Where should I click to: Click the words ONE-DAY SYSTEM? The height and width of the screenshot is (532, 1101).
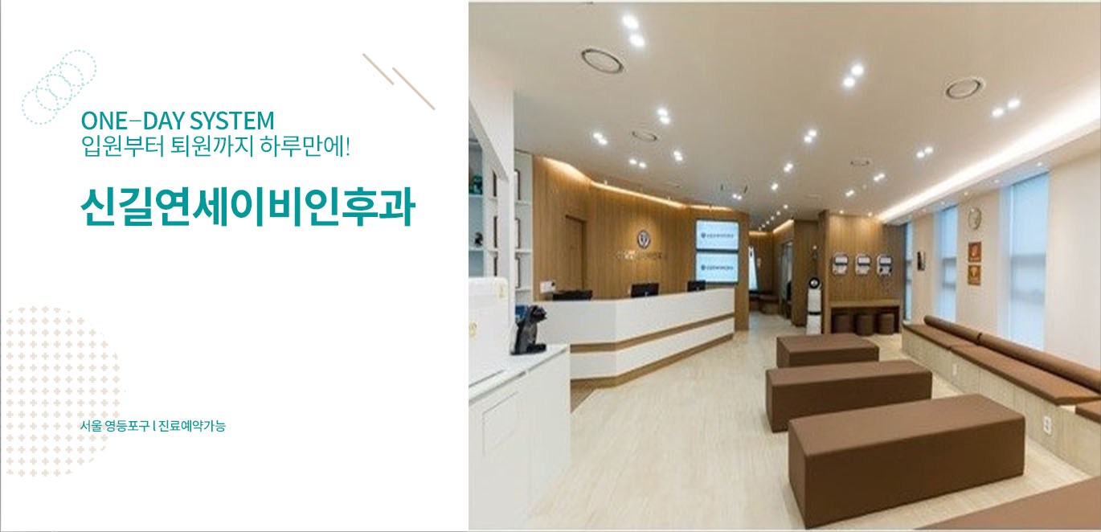point(178,121)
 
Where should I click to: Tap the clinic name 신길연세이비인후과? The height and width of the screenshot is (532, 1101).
point(248,207)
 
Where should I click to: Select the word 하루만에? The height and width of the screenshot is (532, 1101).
point(305,146)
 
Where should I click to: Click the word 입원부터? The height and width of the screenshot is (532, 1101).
point(123,146)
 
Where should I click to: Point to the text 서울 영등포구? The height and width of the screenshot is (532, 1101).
point(115,426)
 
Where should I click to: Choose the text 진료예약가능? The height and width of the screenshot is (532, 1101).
point(192,426)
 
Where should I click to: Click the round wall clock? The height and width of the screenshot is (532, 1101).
point(974,217)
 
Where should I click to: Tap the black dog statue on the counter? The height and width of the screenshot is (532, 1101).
point(530,330)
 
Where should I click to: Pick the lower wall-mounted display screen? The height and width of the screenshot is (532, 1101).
point(717,267)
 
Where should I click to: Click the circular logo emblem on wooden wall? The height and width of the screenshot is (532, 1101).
point(643,239)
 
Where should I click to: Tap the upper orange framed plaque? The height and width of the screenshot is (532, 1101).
point(975,252)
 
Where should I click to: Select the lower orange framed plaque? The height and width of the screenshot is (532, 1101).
point(974,275)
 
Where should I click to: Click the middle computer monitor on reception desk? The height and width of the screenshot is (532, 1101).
point(645,290)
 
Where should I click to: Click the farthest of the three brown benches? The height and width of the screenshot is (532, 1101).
point(827,349)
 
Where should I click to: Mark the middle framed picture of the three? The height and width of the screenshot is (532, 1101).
point(862,264)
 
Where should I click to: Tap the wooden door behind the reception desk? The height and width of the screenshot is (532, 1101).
point(574,256)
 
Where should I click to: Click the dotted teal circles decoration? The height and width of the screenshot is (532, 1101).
point(59,87)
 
